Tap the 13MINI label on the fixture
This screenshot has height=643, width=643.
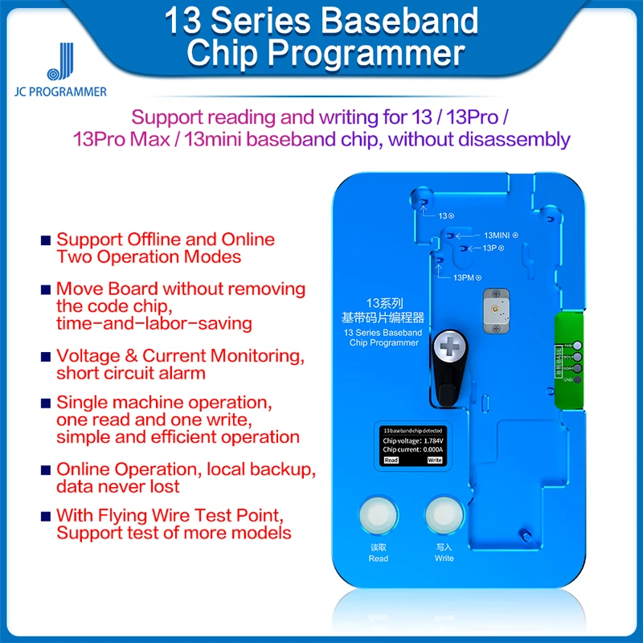click(x=497, y=235)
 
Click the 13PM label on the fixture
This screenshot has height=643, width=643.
click(x=464, y=277)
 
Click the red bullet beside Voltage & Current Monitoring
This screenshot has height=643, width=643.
click(x=46, y=356)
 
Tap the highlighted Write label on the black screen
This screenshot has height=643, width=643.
click(x=434, y=461)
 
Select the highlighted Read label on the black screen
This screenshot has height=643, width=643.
click(x=391, y=461)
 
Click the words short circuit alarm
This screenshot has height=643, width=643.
click(x=131, y=373)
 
